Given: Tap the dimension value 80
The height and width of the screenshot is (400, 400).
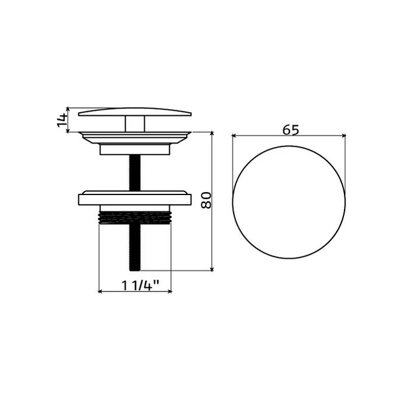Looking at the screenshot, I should (205, 201).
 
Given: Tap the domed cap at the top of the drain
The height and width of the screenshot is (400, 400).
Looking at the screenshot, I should (135, 112).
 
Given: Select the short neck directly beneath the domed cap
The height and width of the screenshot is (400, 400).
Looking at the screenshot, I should (135, 123).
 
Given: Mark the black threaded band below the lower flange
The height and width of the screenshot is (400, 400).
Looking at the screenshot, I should (135, 217).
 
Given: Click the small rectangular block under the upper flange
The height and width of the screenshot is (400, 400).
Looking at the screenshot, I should (135, 150).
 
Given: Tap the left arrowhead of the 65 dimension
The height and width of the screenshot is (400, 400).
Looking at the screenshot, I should (235, 136).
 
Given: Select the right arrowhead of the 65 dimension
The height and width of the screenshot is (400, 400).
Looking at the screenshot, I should (343, 136).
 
